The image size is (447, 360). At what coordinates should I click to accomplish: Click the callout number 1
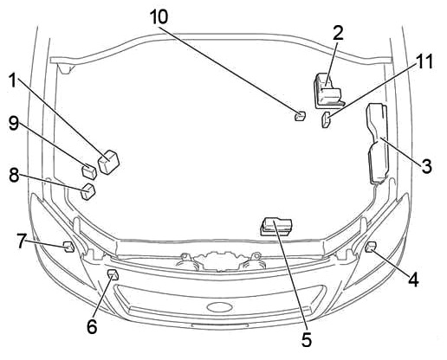[13, 80]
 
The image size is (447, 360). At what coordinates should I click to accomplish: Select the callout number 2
[338, 33]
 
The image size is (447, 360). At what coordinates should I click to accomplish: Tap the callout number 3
[427, 166]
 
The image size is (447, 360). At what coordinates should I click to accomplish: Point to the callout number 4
[413, 280]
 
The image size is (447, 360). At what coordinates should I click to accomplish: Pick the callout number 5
[307, 339]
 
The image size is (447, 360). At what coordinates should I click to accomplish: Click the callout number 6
[92, 327]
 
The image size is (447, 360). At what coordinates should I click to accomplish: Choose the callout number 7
[22, 241]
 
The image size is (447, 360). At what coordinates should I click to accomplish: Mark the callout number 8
[14, 175]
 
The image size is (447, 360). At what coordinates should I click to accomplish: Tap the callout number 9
[13, 124]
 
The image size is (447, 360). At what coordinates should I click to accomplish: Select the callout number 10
[159, 16]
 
